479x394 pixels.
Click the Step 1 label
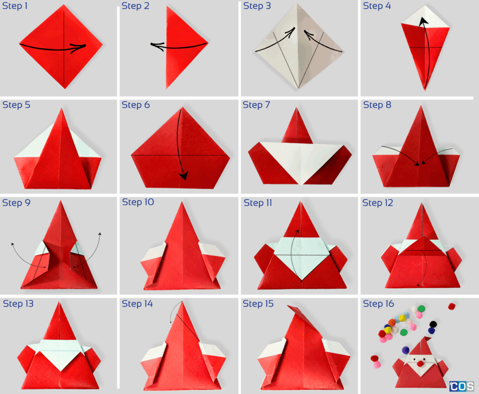coord(16,7)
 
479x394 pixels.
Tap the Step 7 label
coord(256,105)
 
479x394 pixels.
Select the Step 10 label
coord(138,202)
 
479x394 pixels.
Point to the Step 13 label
coord(18,304)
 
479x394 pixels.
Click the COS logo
coord(461,387)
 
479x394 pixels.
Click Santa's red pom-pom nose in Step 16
coord(421,363)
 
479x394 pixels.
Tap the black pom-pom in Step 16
coord(433,324)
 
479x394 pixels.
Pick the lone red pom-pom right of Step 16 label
coord(451,306)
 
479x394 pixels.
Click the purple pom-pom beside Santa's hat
coord(406,350)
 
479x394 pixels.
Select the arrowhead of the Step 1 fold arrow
coord(80,46)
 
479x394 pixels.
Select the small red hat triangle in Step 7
coord(297,129)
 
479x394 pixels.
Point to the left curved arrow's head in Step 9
coord(13,243)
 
